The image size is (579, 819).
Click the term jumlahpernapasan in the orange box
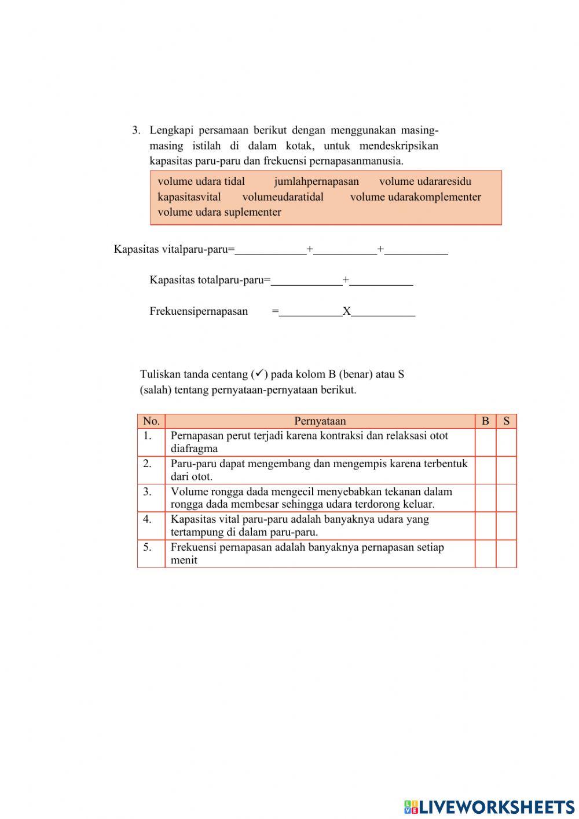pos(316,181)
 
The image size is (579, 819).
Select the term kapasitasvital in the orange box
pos(189,197)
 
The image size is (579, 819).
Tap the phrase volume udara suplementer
pos(219,212)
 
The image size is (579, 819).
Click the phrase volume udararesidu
pos(425,181)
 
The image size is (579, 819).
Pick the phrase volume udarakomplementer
pos(415,197)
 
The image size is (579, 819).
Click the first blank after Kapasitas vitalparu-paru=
pos(270,250)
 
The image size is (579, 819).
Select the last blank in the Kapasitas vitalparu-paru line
pos(416,250)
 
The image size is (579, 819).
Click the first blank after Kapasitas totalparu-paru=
pos(306,281)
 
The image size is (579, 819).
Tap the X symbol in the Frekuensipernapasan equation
pos(346,311)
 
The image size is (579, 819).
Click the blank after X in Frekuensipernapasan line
pos(383,311)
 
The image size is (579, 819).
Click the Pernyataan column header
pos(320,421)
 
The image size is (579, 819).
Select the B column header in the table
pos(485,421)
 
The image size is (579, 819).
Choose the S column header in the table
pos(506,421)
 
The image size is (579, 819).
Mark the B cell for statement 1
pos(485,442)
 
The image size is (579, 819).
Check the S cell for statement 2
pos(506,470)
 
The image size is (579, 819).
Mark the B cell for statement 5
pos(485,554)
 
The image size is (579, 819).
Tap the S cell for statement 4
pos(506,526)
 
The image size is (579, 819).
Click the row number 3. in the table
pos(148,492)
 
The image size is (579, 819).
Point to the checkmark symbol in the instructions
pos(259,374)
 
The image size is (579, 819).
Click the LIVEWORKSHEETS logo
pos(489,806)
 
